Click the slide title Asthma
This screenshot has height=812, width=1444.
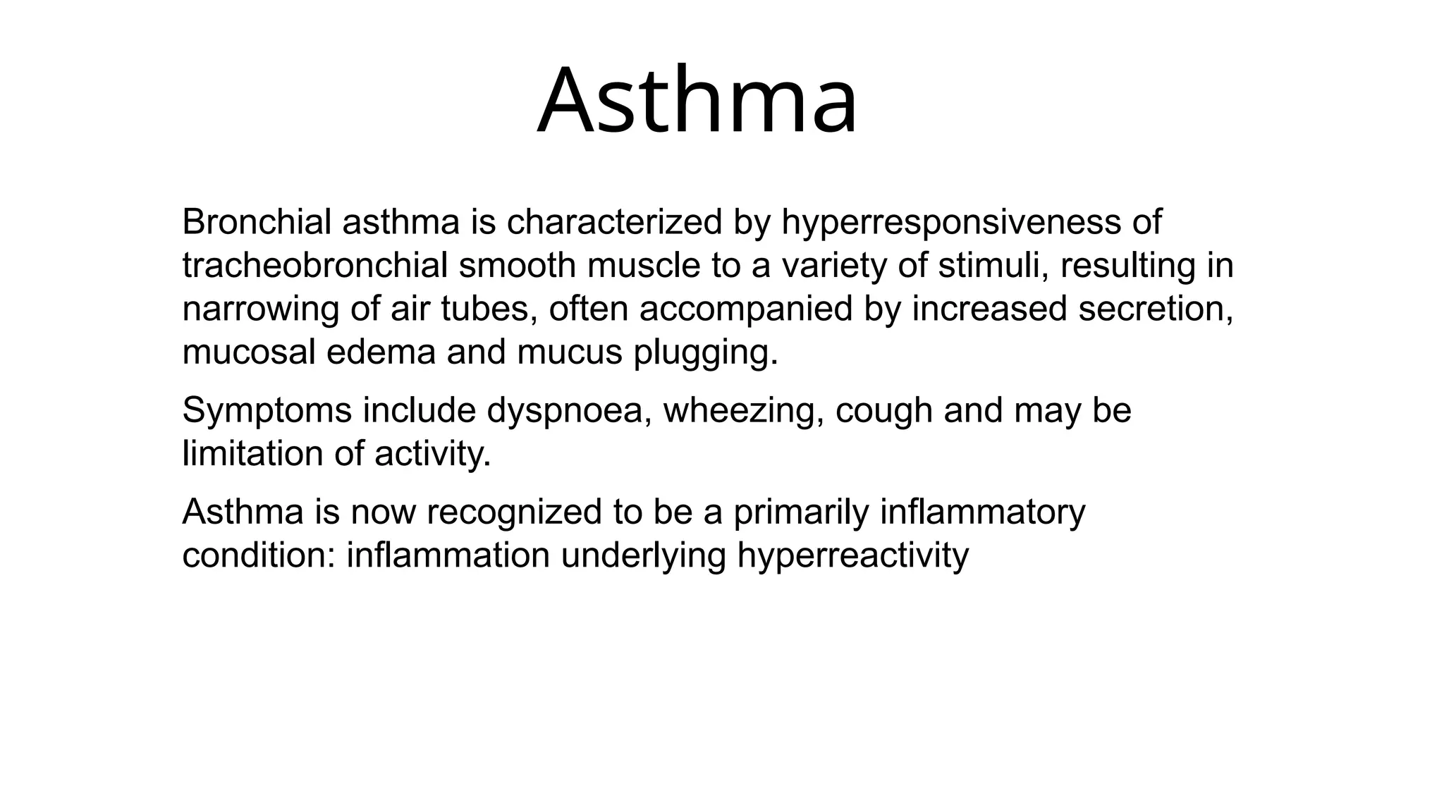click(697, 101)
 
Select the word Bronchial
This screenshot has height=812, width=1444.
click(256, 222)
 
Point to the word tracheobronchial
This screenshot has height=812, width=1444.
click(314, 266)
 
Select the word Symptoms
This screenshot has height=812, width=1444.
click(267, 411)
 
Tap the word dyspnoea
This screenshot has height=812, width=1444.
click(568, 411)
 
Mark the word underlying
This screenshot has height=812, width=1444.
click(643, 555)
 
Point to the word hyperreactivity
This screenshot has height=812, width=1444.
click(853, 555)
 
